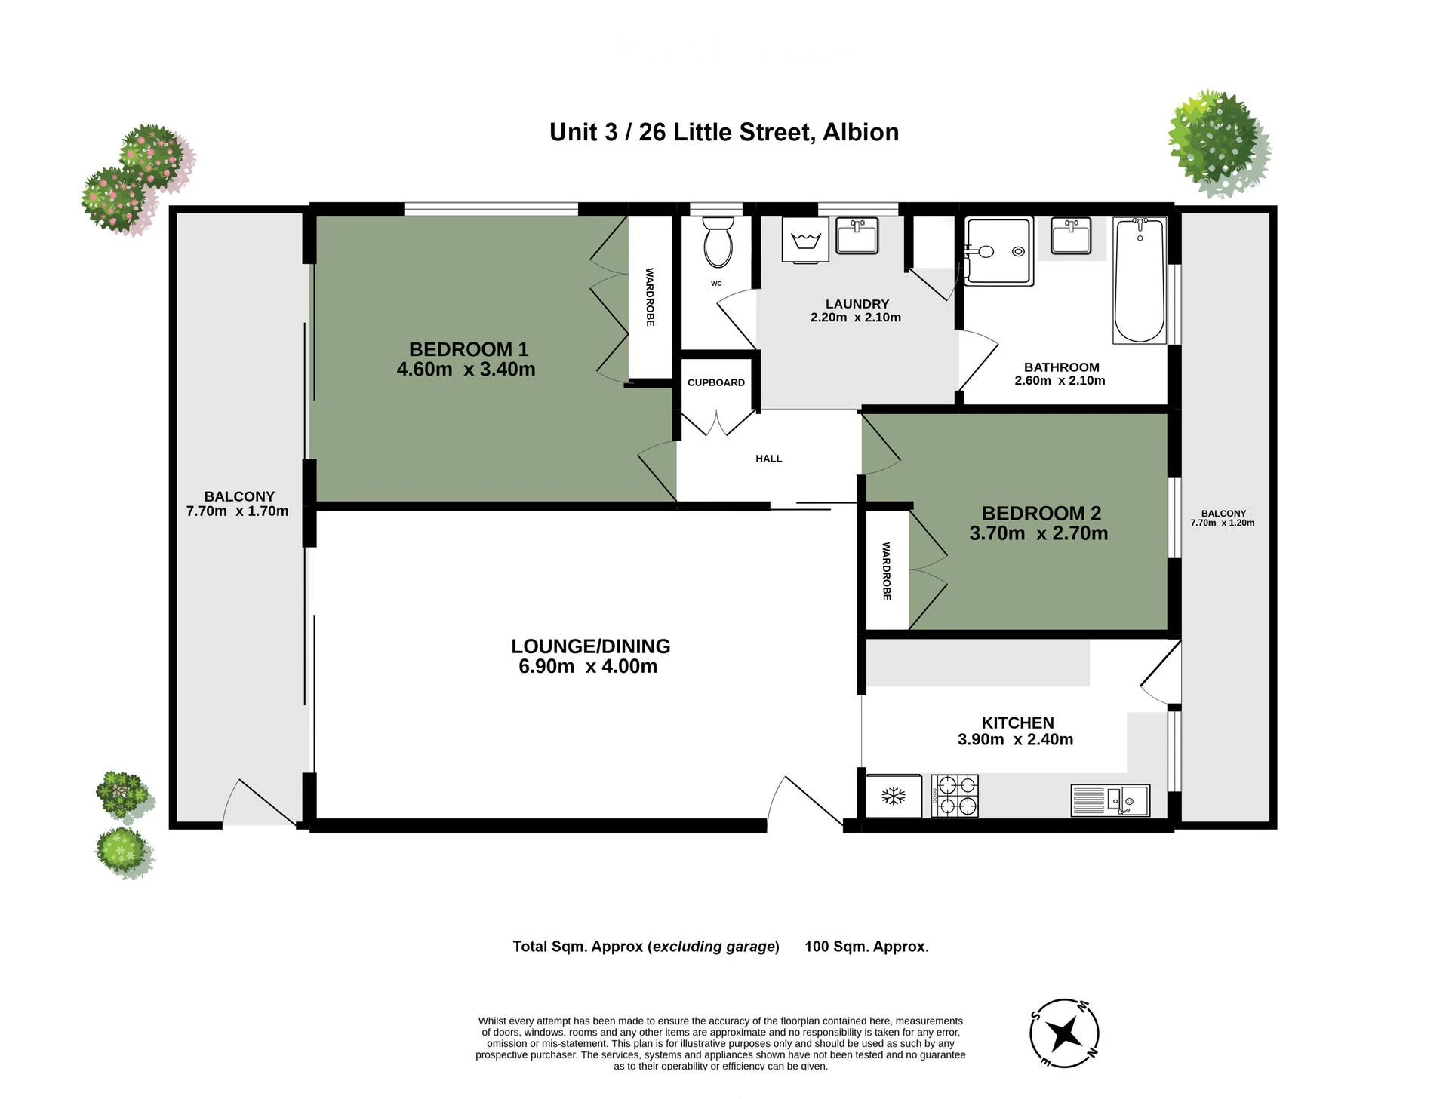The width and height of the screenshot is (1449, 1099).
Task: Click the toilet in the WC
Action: pyautogui.click(x=718, y=241)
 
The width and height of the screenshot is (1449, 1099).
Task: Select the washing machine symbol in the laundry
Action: pyautogui.click(x=805, y=241)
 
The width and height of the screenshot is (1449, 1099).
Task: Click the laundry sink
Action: pyautogui.click(x=857, y=235)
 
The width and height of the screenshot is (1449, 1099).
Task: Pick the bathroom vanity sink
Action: pyautogui.click(x=1071, y=235)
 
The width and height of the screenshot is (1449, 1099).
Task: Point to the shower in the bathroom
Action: pyautogui.click(x=999, y=252)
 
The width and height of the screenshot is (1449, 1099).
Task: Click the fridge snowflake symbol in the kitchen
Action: pyautogui.click(x=894, y=796)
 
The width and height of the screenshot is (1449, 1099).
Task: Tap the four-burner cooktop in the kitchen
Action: pyautogui.click(x=955, y=796)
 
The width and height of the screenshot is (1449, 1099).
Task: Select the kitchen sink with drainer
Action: pyautogui.click(x=1110, y=800)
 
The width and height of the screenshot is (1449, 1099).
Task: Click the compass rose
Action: pyautogui.click(x=1064, y=1033)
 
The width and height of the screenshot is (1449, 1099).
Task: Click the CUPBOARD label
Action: pyautogui.click(x=716, y=382)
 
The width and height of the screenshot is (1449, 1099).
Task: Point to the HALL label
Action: pyautogui.click(x=769, y=459)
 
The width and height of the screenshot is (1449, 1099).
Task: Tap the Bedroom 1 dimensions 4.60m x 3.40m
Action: pyautogui.click(x=466, y=370)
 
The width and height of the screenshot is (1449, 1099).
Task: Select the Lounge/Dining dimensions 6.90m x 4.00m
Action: pyautogui.click(x=588, y=667)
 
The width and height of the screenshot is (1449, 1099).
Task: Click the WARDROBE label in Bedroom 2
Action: pyautogui.click(x=887, y=571)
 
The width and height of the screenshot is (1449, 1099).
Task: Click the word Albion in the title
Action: pyautogui.click(x=860, y=132)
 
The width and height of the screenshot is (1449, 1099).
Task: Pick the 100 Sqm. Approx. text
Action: pyautogui.click(x=866, y=947)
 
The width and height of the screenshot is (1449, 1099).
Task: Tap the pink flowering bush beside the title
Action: pyautogui.click(x=137, y=179)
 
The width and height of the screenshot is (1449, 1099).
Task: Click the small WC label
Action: pyautogui.click(x=716, y=284)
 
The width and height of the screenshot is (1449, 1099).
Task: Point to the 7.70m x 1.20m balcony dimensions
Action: pyautogui.click(x=1223, y=523)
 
